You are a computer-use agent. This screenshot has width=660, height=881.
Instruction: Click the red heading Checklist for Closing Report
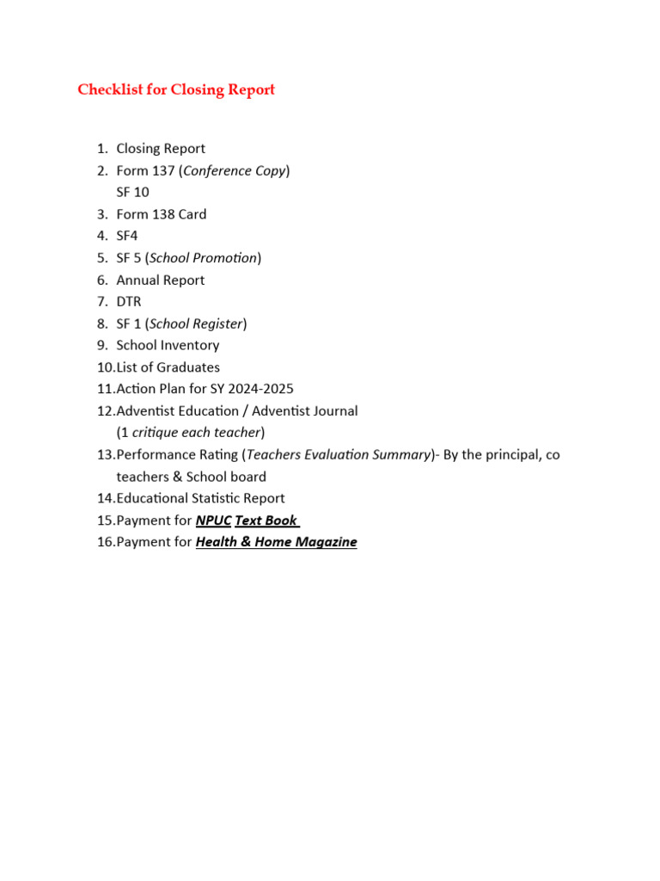176,90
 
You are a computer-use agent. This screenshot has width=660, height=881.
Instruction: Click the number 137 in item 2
164,170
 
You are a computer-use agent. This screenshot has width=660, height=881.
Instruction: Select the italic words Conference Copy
235,170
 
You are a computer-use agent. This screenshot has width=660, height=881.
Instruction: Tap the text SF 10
132,192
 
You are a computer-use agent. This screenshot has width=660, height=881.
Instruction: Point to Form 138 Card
161,214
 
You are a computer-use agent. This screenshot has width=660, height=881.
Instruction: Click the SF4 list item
127,236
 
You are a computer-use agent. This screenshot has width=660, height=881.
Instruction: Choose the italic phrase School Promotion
203,258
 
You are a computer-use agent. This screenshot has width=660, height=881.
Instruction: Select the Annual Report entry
160,280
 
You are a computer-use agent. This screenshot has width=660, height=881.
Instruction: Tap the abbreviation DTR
129,301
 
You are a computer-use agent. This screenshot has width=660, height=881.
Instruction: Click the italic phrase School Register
196,323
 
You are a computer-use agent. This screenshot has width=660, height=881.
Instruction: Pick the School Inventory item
168,345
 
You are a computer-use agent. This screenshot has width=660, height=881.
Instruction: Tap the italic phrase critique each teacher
196,433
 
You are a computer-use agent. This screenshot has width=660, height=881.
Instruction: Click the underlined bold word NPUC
213,521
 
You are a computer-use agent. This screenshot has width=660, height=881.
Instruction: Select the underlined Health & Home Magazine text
276,542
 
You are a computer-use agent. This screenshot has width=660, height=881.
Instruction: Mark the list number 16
105,542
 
